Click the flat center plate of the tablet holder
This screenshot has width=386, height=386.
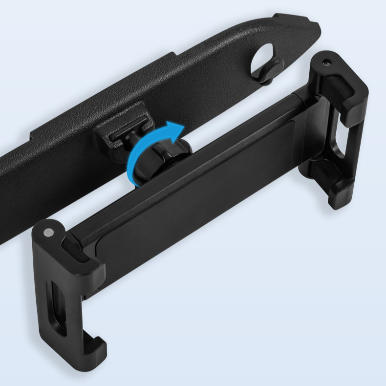(x=195, y=195)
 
